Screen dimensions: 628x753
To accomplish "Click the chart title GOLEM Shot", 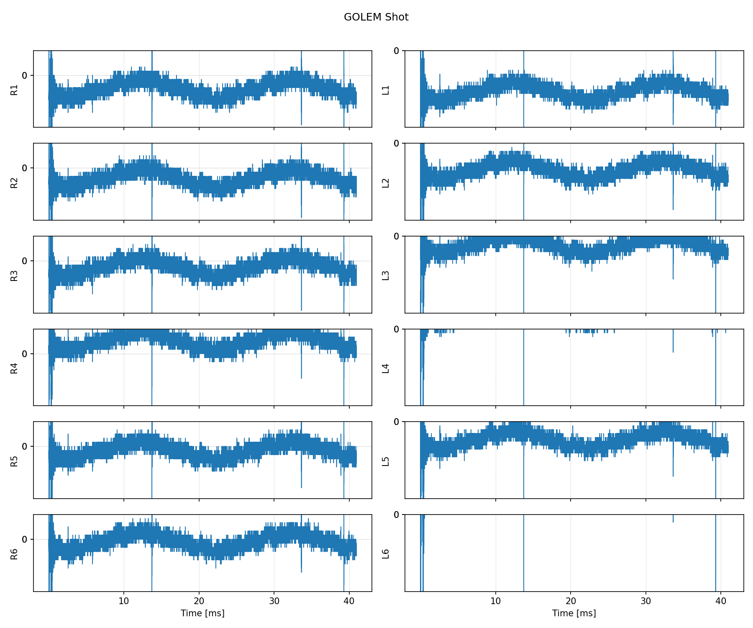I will (x=376, y=17).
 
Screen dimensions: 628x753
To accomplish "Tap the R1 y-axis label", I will (x=14, y=90).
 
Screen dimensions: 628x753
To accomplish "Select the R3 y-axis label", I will (x=14, y=275).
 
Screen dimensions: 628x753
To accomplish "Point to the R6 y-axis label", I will (x=14, y=553).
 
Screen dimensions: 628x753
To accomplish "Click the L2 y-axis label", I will (x=386, y=183).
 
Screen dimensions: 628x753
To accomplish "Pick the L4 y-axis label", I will (x=386, y=368).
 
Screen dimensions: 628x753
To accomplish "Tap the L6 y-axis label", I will (x=386, y=553).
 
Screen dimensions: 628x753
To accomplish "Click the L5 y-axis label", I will (x=386, y=461).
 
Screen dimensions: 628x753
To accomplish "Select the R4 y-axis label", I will (x=14, y=368).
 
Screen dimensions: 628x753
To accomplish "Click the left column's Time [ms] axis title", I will (x=202, y=613).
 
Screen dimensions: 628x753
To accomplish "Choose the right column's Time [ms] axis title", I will (x=574, y=613).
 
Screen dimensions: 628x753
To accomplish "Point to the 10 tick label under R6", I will (x=124, y=601).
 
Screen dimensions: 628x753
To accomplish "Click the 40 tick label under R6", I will (x=349, y=601).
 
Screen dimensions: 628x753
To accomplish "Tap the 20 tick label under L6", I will (x=571, y=601).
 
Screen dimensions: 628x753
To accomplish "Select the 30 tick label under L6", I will (x=645, y=601).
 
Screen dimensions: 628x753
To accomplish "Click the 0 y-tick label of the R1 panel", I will (x=25, y=75).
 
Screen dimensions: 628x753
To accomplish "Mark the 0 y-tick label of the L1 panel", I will (x=397, y=51).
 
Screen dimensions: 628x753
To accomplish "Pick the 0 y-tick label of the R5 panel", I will (x=25, y=446).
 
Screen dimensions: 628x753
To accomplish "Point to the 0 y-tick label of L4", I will (x=397, y=329).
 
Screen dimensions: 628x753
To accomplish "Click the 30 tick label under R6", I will (x=274, y=601).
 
